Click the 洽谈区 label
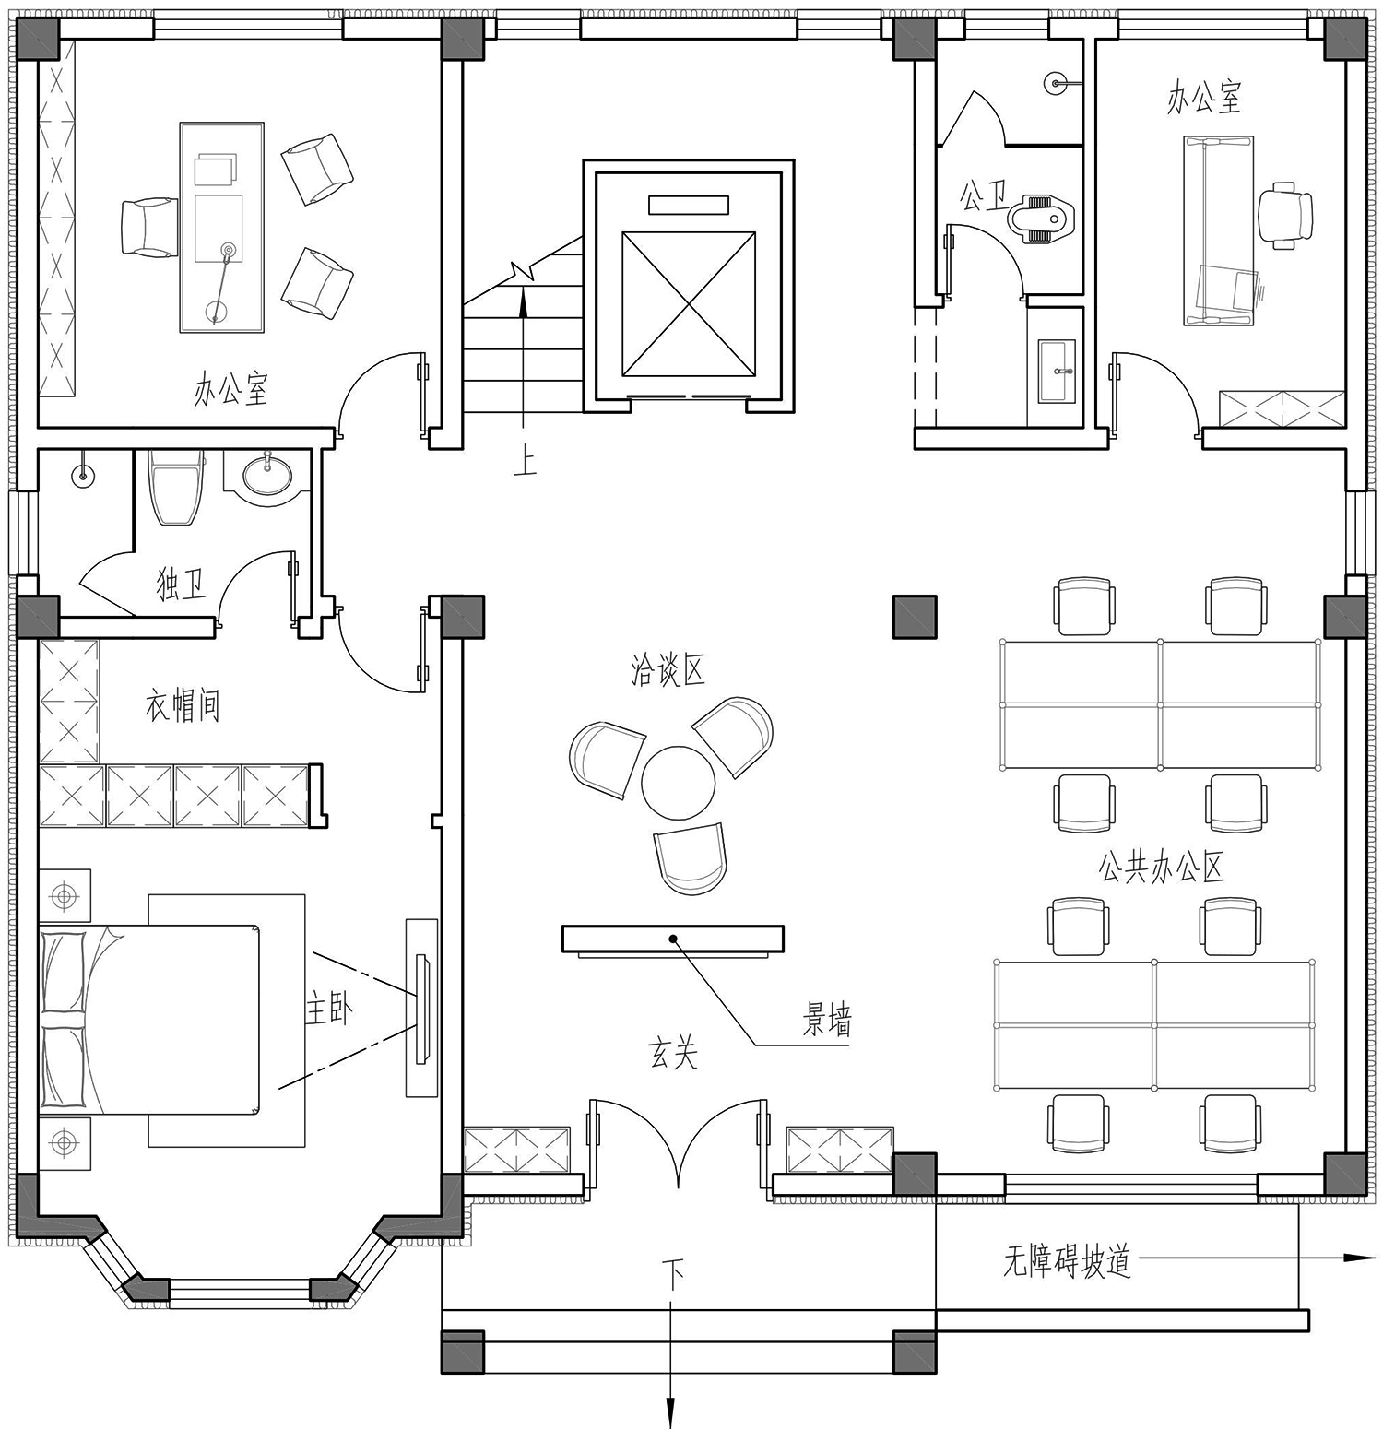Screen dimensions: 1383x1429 pyautogui.click(x=668, y=670)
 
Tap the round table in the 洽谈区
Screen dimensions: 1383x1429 pyautogui.click(x=678, y=782)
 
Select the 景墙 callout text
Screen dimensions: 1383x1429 pyautogui.click(x=826, y=1021)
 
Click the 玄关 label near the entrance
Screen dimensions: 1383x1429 pyautogui.click(x=673, y=1053)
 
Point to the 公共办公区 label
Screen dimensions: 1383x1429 pyautogui.click(x=1161, y=868)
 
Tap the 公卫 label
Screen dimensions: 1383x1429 pyautogui.click(x=983, y=195)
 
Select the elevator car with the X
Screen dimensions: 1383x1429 pyautogui.click(x=689, y=304)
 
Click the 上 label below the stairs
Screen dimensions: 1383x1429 pyautogui.click(x=525, y=459)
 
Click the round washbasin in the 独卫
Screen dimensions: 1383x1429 pyautogui.click(x=267, y=476)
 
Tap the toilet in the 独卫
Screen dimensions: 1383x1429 pyautogui.click(x=176, y=487)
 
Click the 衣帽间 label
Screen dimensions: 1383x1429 pyautogui.click(x=183, y=706)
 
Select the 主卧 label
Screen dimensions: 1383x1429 pyautogui.click(x=328, y=1010)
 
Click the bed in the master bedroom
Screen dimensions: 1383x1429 pyautogui.click(x=149, y=1021)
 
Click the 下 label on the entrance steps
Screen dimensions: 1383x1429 pyautogui.click(x=675, y=1277)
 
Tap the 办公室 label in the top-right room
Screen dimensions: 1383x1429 pyautogui.click(x=1204, y=97)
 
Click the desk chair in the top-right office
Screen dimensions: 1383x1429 pyautogui.click(x=1286, y=216)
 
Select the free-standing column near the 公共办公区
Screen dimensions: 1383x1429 pyautogui.click(x=915, y=617)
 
